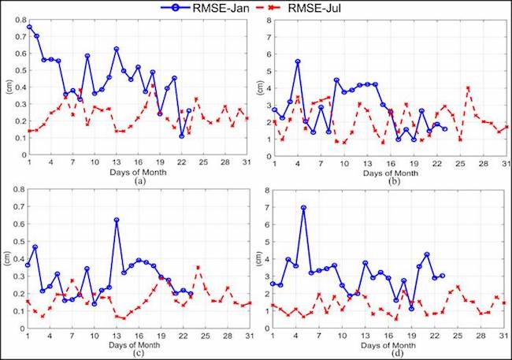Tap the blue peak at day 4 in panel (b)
(x=298, y=61)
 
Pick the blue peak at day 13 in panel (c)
(x=117, y=220)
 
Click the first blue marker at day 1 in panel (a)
(x=29, y=27)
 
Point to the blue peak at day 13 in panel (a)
(x=117, y=49)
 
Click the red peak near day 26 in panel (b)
(x=468, y=87)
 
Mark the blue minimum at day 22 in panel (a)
(x=182, y=136)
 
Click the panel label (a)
(x=139, y=180)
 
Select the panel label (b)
(x=384, y=180)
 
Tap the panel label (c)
(x=139, y=352)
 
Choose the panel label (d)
(x=384, y=352)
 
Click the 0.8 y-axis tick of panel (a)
(x=17, y=17)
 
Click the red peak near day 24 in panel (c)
(x=198, y=267)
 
